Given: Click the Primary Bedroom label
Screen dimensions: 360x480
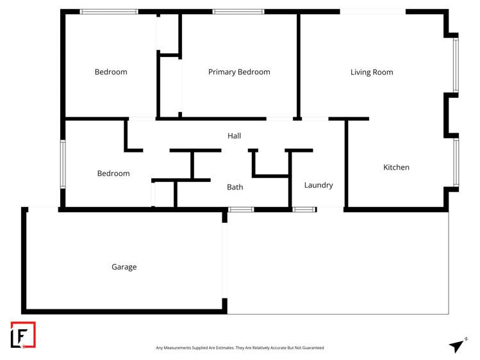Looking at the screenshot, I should pyautogui.click(x=239, y=72).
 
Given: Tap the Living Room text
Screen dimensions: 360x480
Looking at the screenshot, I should pyautogui.click(x=372, y=72).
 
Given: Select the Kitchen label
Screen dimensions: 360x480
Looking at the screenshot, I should pyautogui.click(x=396, y=167).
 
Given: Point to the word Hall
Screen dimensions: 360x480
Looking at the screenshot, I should pyautogui.click(x=234, y=136).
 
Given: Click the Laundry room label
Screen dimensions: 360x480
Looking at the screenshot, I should pyautogui.click(x=319, y=185).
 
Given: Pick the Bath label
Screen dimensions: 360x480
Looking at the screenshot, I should pyautogui.click(x=235, y=187).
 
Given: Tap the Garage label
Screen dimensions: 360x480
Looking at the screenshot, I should pyautogui.click(x=124, y=267).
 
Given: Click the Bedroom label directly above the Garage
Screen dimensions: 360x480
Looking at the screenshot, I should pyautogui.click(x=113, y=174).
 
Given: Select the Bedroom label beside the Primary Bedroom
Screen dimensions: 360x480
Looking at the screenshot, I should pyautogui.click(x=111, y=72).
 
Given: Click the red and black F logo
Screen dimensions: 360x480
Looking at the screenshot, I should pyautogui.click(x=23, y=334).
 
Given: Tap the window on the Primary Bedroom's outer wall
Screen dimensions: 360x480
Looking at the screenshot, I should pyautogui.click(x=238, y=12).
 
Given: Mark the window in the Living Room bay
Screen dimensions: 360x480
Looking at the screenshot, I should pyautogui.click(x=456, y=65).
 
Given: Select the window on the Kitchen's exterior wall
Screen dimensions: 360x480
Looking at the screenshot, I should pyautogui.click(x=456, y=162).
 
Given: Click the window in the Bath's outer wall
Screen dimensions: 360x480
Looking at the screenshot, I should pyautogui.click(x=241, y=209).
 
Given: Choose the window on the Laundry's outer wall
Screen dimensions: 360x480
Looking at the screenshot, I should pyautogui.click(x=304, y=209).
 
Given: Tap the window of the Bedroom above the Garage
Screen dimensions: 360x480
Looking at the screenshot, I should pyautogui.click(x=63, y=164).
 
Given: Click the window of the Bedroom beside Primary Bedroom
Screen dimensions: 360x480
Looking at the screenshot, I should pyautogui.click(x=108, y=12).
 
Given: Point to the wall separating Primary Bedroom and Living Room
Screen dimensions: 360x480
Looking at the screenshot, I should pyautogui.click(x=299, y=64).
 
